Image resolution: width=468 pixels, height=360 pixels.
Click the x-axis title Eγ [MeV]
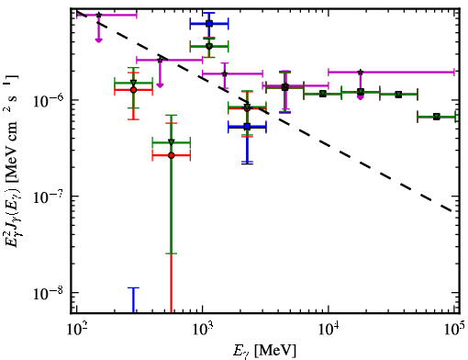tap(264, 351)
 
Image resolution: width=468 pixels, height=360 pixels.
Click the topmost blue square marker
tap(209, 24)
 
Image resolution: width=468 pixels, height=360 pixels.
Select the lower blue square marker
tap(248, 127)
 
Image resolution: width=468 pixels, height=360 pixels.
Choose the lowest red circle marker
tap(172, 155)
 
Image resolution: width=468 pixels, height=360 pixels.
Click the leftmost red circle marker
tap(133, 90)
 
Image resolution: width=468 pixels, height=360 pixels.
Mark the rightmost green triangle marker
tap(437, 117)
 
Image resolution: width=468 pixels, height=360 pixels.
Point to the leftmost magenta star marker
tap(98, 15)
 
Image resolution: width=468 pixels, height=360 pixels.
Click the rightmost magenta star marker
tap(361, 73)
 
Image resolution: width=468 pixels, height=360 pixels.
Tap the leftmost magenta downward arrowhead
tap(98, 40)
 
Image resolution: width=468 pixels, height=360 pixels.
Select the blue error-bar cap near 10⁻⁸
tap(133, 287)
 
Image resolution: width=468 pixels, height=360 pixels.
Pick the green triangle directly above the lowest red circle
tap(172, 142)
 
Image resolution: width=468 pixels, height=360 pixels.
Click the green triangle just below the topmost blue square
tap(209, 47)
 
